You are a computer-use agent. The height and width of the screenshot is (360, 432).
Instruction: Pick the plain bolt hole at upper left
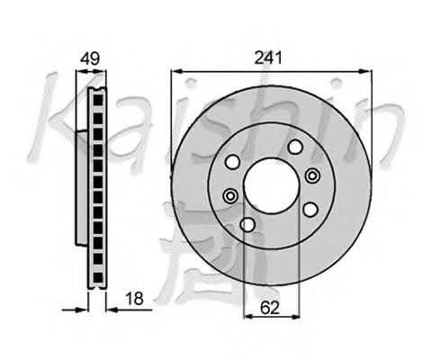coord(231,162)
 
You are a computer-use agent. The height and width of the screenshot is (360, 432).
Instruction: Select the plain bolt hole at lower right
coord(310,209)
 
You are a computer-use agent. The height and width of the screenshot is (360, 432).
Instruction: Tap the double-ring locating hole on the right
coord(313,175)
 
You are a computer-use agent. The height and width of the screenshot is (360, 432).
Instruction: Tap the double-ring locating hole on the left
coord(229,196)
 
